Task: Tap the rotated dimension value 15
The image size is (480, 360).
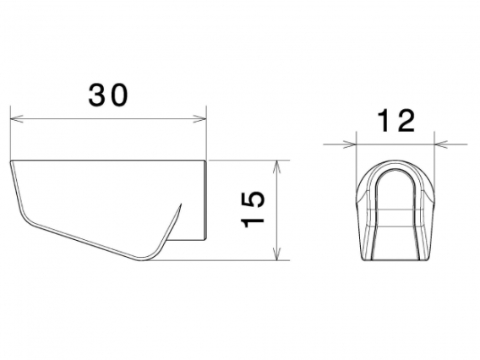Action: (x=253, y=210)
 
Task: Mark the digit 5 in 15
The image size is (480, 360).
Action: (x=253, y=200)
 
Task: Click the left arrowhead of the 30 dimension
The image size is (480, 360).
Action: (x=14, y=118)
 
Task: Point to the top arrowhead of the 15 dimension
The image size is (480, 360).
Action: (x=278, y=164)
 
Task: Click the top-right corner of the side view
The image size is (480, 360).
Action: (x=206, y=159)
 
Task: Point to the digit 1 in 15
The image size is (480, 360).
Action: (x=253, y=221)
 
